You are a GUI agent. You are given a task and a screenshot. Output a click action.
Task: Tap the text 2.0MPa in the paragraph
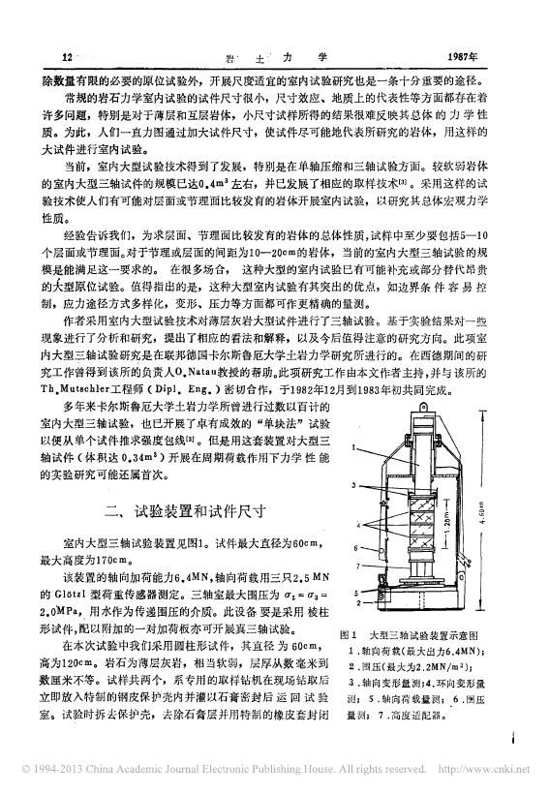pos(86,610)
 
